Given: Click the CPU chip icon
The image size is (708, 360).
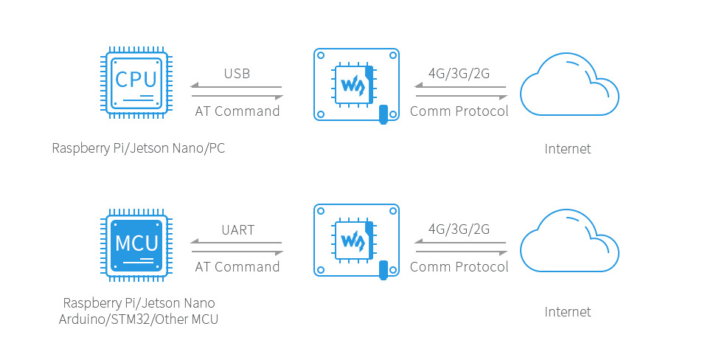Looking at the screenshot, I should coord(136,84).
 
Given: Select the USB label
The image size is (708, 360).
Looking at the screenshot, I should coord(237,74).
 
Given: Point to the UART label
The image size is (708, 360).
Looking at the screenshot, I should coord(237,230).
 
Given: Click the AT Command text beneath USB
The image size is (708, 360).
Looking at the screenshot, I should coord(237,111).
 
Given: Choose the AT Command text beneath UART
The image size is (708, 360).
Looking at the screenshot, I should coord(237,267).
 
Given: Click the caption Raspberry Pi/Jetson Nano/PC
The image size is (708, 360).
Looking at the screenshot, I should coord(138,148).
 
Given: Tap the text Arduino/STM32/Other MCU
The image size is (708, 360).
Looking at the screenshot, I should coord(139,319).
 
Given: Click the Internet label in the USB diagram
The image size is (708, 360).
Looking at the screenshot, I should coord(568,149).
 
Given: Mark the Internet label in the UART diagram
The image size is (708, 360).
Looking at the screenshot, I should coord(568,312).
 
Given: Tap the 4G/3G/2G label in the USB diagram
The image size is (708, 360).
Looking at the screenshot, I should coord(459,74).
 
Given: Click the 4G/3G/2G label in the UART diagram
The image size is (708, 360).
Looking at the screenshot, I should coord(459,229).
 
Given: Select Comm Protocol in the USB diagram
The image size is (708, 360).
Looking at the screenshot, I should coord(459,111).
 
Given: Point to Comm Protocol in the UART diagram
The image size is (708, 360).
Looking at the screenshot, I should coord(459,267).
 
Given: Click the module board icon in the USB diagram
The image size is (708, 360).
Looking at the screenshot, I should coord(356,84).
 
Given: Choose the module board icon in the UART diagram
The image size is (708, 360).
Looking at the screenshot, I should coord(356,240).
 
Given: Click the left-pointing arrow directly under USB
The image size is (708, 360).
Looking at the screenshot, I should coord(237,88).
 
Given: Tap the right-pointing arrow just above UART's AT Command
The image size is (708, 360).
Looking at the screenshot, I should coord(237,252).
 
